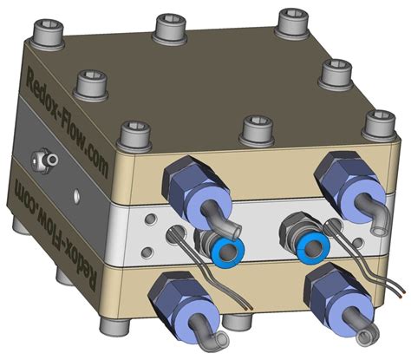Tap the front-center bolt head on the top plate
[255, 128]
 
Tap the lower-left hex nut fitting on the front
[177, 295]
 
